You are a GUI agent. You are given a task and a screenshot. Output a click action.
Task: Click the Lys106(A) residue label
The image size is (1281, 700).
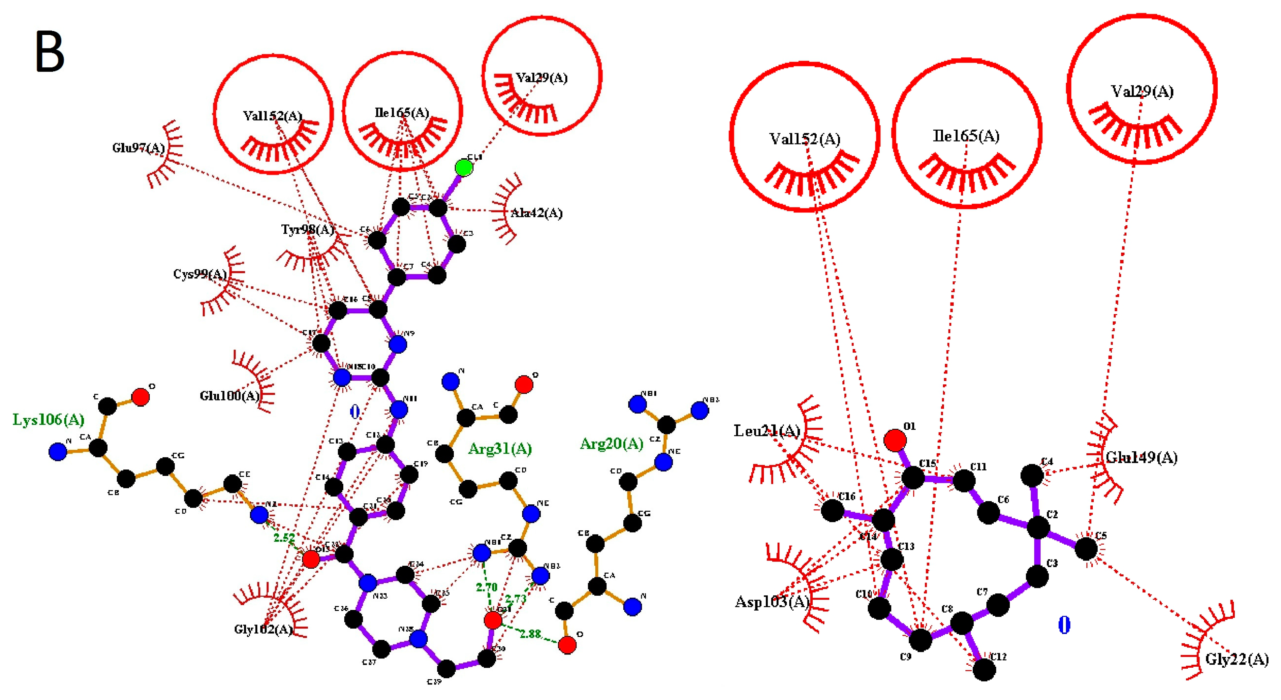[x=48, y=419]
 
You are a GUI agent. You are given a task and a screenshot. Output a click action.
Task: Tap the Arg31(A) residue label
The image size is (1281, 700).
[x=500, y=449]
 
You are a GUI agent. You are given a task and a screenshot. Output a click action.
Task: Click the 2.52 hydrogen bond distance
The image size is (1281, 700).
[x=284, y=537]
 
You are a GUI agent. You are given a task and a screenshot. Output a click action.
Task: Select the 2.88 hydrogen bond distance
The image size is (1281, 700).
[x=530, y=634]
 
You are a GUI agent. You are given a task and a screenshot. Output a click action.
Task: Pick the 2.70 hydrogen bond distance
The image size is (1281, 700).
[x=486, y=588]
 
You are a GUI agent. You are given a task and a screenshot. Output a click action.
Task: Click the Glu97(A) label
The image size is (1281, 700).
[x=138, y=148]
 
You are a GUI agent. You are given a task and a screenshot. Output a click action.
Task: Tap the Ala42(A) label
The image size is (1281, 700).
[x=537, y=213]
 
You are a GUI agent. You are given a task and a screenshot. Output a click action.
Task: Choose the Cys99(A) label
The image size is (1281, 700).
[x=200, y=274]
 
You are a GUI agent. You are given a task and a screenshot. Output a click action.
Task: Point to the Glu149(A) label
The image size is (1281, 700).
[x=1141, y=457]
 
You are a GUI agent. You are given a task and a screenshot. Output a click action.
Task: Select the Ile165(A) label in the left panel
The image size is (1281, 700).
[x=402, y=113]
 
